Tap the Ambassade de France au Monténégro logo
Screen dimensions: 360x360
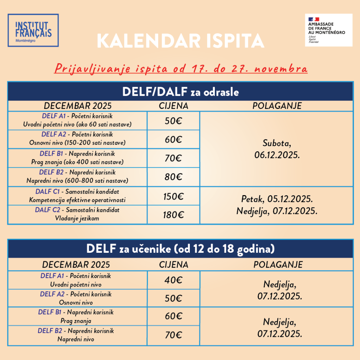point(328,30)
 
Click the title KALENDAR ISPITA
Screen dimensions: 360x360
point(180,41)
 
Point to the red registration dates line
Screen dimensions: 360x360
point(181,68)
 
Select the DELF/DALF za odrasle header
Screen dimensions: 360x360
point(180,92)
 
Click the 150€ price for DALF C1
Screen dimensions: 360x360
point(173,196)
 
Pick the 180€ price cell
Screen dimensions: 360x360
point(173,215)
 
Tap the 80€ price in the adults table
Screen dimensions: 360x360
point(173,177)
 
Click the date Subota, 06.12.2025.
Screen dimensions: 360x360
point(277,149)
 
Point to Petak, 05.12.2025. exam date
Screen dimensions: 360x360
point(277,199)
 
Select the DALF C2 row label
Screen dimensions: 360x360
point(77,214)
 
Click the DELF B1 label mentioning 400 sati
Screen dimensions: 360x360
point(77,158)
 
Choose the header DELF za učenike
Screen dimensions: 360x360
point(180,249)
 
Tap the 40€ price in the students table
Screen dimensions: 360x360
point(173,280)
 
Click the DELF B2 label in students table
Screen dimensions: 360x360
point(76,335)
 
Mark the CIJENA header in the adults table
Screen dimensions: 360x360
point(173,106)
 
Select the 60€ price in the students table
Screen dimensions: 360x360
point(173,316)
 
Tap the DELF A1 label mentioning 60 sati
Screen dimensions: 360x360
point(77,120)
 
